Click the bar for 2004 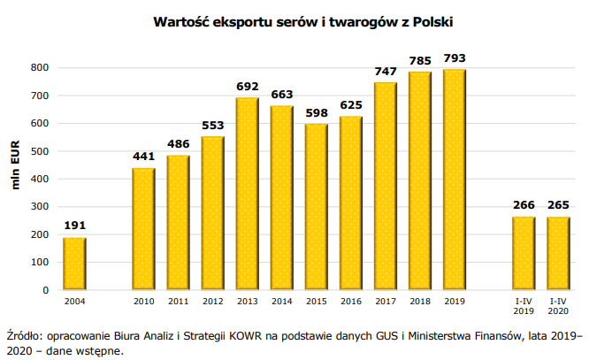point(74,264)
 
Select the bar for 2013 point(248,194)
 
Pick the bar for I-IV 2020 point(559,253)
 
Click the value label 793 point(455,58)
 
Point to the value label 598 point(317,113)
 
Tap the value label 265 point(559,206)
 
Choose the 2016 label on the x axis point(351,303)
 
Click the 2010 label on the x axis point(143,303)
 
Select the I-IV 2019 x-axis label point(524,307)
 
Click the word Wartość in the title point(182,19)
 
